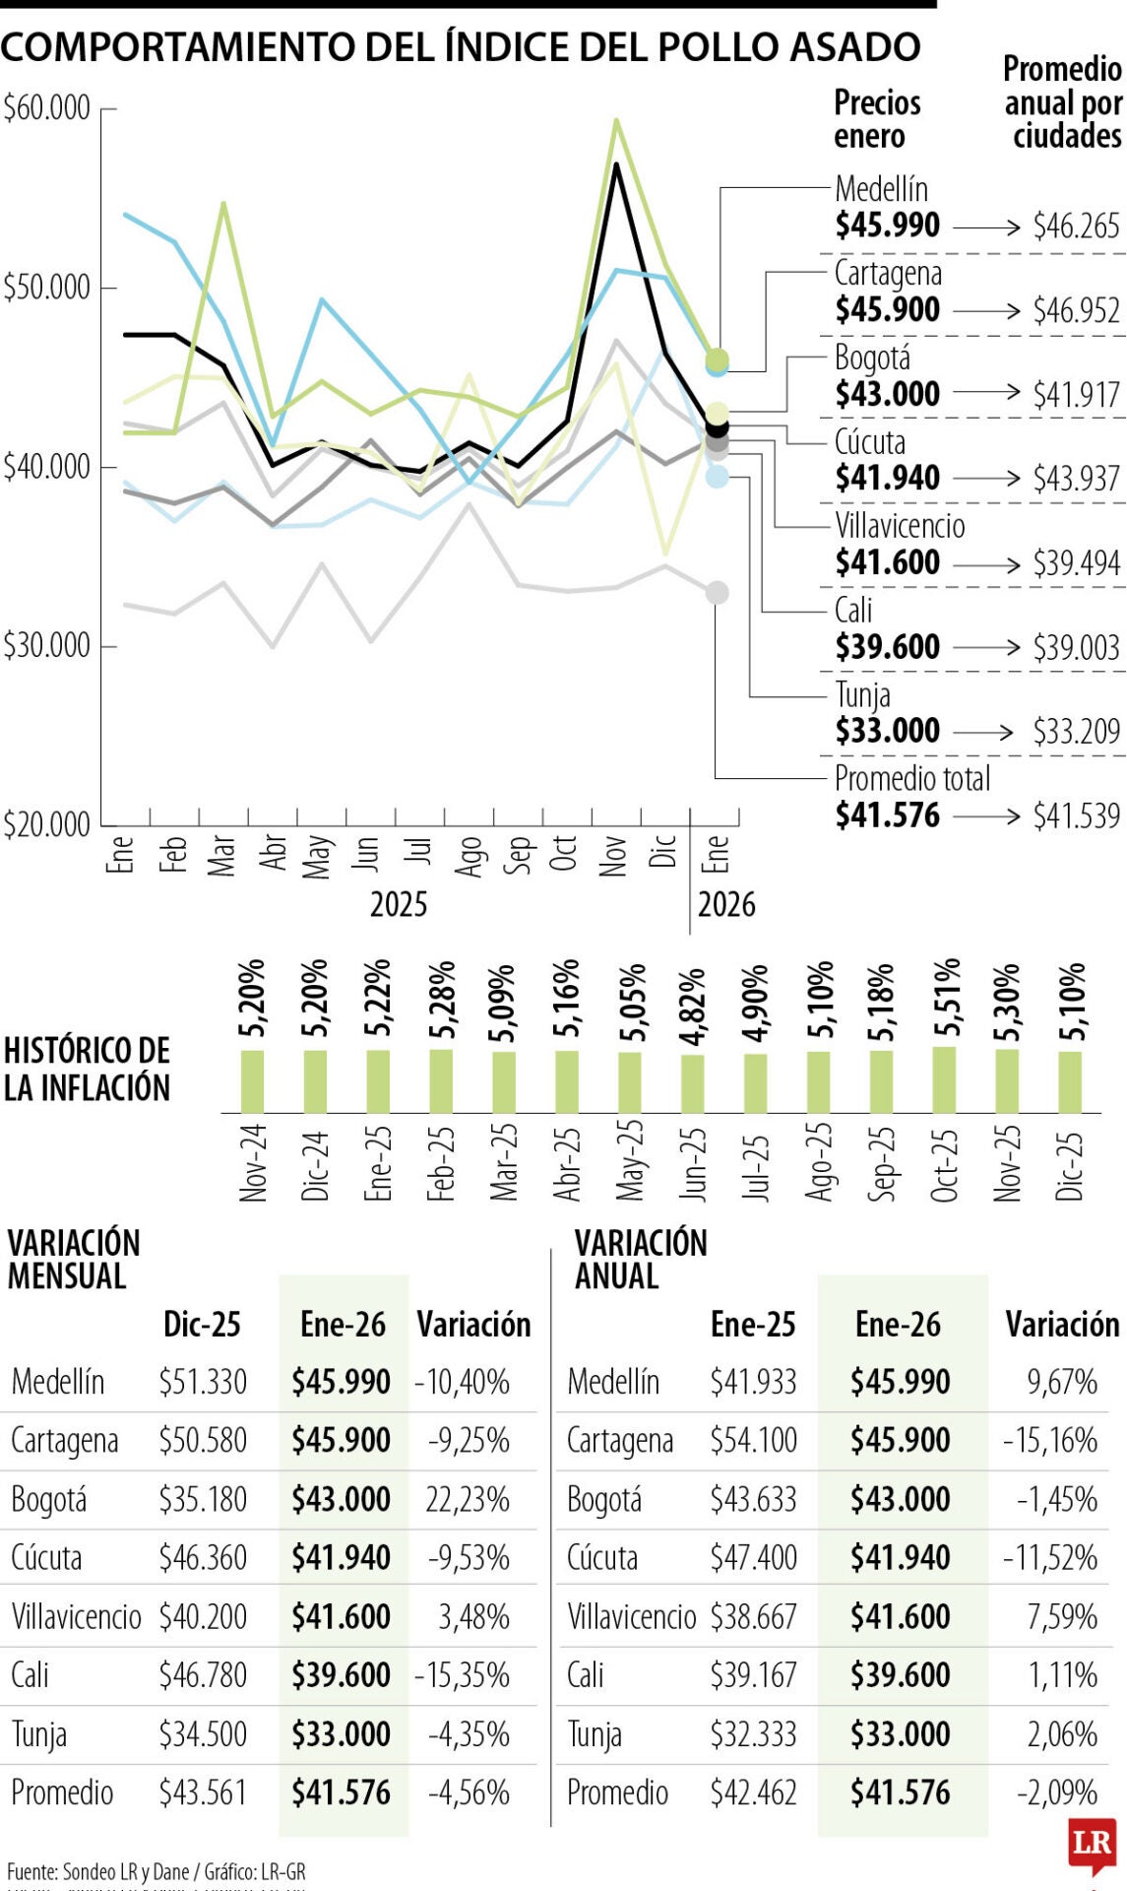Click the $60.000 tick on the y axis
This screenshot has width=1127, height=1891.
[47, 107]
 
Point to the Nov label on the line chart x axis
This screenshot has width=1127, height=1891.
[613, 855]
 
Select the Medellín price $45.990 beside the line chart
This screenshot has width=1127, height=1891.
[887, 225]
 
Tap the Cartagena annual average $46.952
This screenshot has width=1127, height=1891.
[1076, 310]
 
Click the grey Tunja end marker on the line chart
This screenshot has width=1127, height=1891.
[718, 593]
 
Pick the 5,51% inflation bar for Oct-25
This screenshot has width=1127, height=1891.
[944, 1079]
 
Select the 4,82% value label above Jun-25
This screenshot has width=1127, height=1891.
[693, 1006]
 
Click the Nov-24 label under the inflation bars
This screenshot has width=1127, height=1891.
[253, 1162]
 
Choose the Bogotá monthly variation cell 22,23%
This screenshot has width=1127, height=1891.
[468, 1499]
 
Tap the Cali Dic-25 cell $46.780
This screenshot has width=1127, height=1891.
[203, 1674]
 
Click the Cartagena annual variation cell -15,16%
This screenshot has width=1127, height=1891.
[1050, 1440]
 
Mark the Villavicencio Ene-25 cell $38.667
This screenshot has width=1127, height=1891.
[753, 1616]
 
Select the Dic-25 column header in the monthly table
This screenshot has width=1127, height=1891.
[202, 1324]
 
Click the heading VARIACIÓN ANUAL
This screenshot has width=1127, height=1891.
[641, 1259]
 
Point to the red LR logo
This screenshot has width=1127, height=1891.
[1092, 1843]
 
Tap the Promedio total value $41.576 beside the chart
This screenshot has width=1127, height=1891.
[887, 815]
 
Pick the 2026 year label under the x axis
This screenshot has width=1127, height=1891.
[726, 904]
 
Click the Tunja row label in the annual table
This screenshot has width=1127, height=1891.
[595, 1733]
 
